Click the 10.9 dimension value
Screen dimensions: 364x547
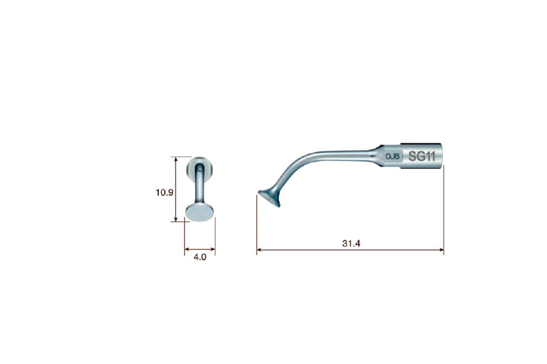pyautogui.click(x=164, y=193)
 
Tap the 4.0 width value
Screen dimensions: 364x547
pyautogui.click(x=200, y=258)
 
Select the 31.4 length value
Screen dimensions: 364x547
pyautogui.click(x=351, y=244)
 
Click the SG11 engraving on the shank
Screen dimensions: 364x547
pyautogui.click(x=421, y=156)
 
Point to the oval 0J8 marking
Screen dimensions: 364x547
pyautogui.click(x=393, y=156)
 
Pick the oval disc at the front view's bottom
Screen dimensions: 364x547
pyautogui.click(x=200, y=213)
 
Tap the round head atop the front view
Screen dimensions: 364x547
pyautogui.click(x=202, y=167)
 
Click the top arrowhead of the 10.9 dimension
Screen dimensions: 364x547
pyautogui.click(x=176, y=159)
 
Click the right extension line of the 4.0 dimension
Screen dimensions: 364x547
pyautogui.click(x=215, y=236)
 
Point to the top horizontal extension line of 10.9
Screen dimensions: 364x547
pyautogui.click(x=183, y=156)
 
